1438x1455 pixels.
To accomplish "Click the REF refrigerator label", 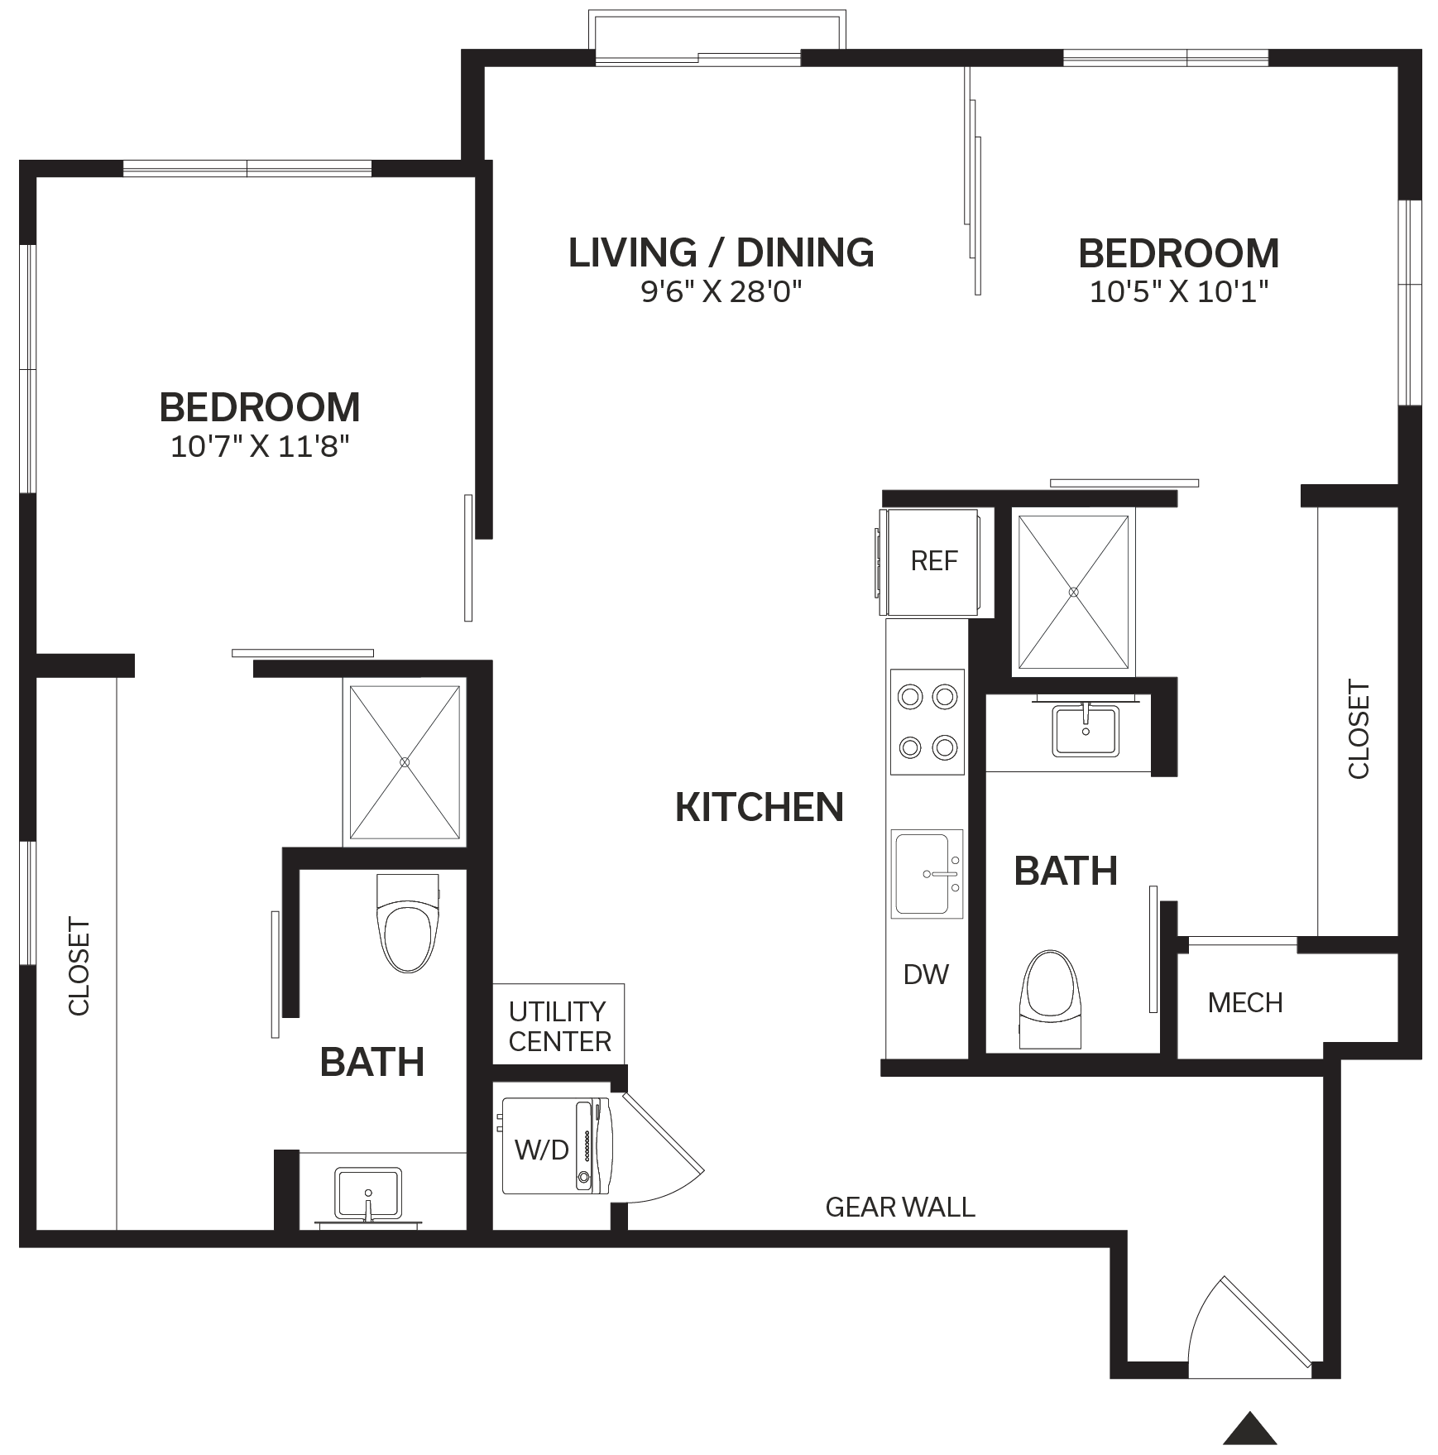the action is click(933, 561).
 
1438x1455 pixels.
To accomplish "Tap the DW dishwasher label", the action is click(926, 974).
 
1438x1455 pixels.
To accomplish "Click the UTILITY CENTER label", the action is click(559, 1026).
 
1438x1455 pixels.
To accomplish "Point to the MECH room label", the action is click(1245, 1003).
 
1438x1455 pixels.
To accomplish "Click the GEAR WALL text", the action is click(900, 1208).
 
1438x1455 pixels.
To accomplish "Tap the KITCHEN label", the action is click(760, 807).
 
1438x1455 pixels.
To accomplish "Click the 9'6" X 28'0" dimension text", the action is click(721, 291).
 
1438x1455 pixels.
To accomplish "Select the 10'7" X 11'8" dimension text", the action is click(260, 447).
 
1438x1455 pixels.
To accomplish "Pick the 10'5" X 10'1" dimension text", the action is click(1179, 291).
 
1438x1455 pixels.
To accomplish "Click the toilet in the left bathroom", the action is click(407, 923).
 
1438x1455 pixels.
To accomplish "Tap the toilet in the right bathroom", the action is click(1051, 999).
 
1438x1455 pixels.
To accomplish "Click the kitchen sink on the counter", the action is click(927, 874).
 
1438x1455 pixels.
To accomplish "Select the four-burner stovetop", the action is click(928, 722).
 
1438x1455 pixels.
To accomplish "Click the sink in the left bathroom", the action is click(368, 1193).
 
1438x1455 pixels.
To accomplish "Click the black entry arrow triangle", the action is click(1250, 1428).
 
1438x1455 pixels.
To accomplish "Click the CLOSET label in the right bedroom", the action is click(1359, 729).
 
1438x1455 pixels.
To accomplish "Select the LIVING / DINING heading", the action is click(721, 252).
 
